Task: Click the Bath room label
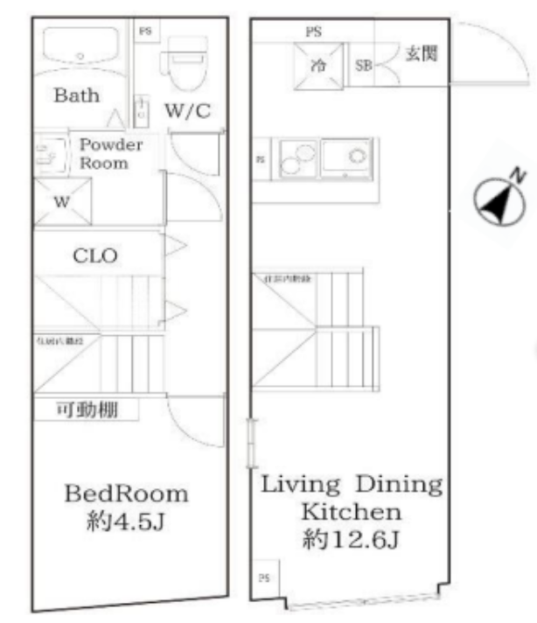76,95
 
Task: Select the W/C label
187,111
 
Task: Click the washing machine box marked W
62,202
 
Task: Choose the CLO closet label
94,256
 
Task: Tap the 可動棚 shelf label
86,409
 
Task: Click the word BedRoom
126,493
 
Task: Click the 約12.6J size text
350,541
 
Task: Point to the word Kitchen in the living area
350,512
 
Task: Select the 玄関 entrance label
419,54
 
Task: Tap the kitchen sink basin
346,157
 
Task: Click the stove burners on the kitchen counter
297,158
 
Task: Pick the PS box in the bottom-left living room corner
263,579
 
